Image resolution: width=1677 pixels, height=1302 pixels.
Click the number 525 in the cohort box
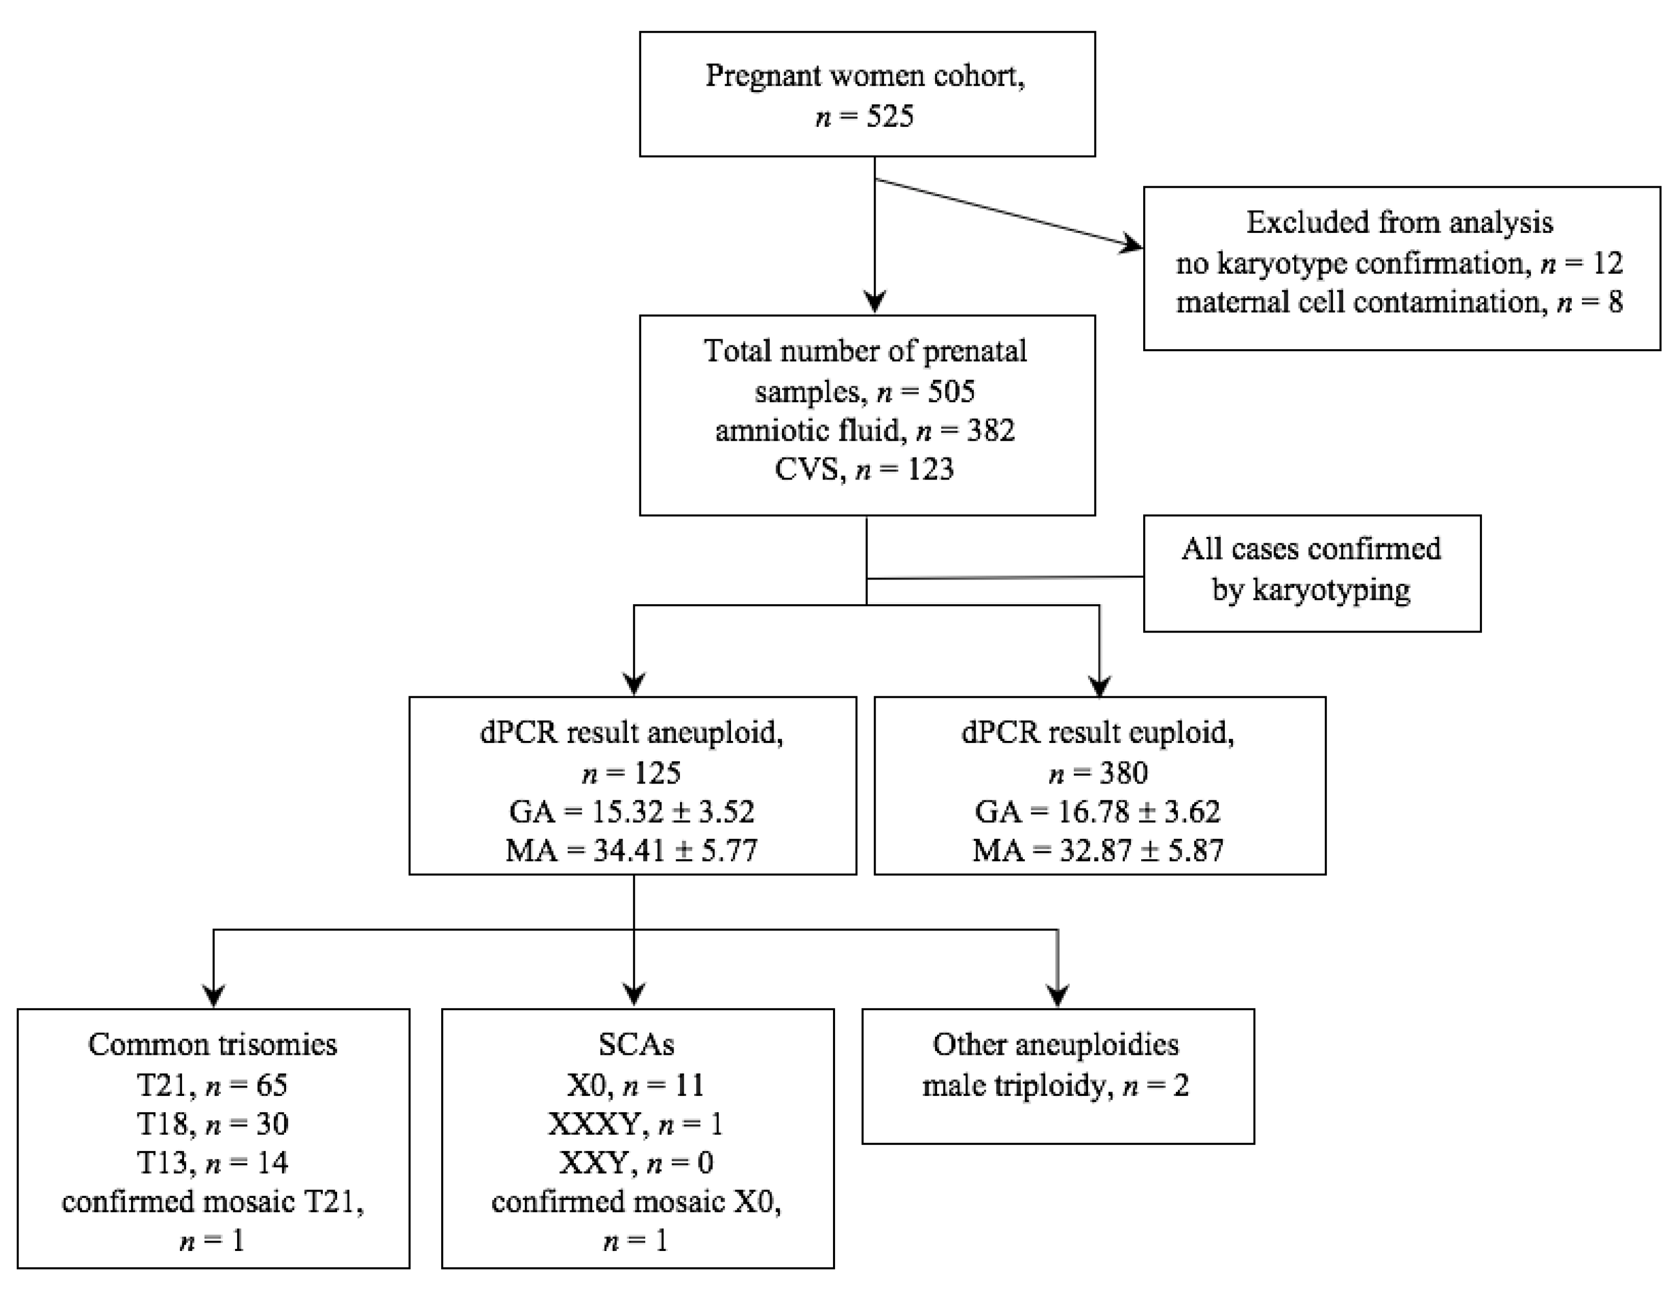tap(891, 117)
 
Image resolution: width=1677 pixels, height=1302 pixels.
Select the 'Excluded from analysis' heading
tap(1399, 222)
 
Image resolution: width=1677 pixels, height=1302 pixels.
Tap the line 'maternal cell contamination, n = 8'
tap(1399, 302)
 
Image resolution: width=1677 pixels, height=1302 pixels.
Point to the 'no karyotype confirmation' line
tap(1350, 263)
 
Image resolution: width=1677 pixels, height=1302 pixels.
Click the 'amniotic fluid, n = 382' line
tap(866, 431)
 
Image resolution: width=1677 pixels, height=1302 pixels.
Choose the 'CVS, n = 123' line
tap(866, 469)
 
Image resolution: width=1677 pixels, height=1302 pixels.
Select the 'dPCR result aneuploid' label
tap(631, 733)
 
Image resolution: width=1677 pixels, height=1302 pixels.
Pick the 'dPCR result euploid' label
tap(1098, 733)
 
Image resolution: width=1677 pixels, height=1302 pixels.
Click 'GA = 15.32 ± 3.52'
tap(631, 811)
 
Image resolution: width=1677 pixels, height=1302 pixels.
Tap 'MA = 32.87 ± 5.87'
tap(1098, 851)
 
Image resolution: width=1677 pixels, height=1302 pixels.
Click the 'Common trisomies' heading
tap(212, 1045)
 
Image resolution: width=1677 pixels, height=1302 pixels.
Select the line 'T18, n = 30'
tap(212, 1124)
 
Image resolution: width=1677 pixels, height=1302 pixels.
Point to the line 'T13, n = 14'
tap(212, 1162)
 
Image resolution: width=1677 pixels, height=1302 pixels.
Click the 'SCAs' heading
tap(636, 1045)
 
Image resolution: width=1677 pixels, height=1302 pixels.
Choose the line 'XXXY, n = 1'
tap(636, 1124)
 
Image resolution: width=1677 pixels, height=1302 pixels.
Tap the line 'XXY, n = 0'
tap(636, 1162)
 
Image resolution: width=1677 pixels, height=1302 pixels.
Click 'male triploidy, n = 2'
tap(1056, 1085)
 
